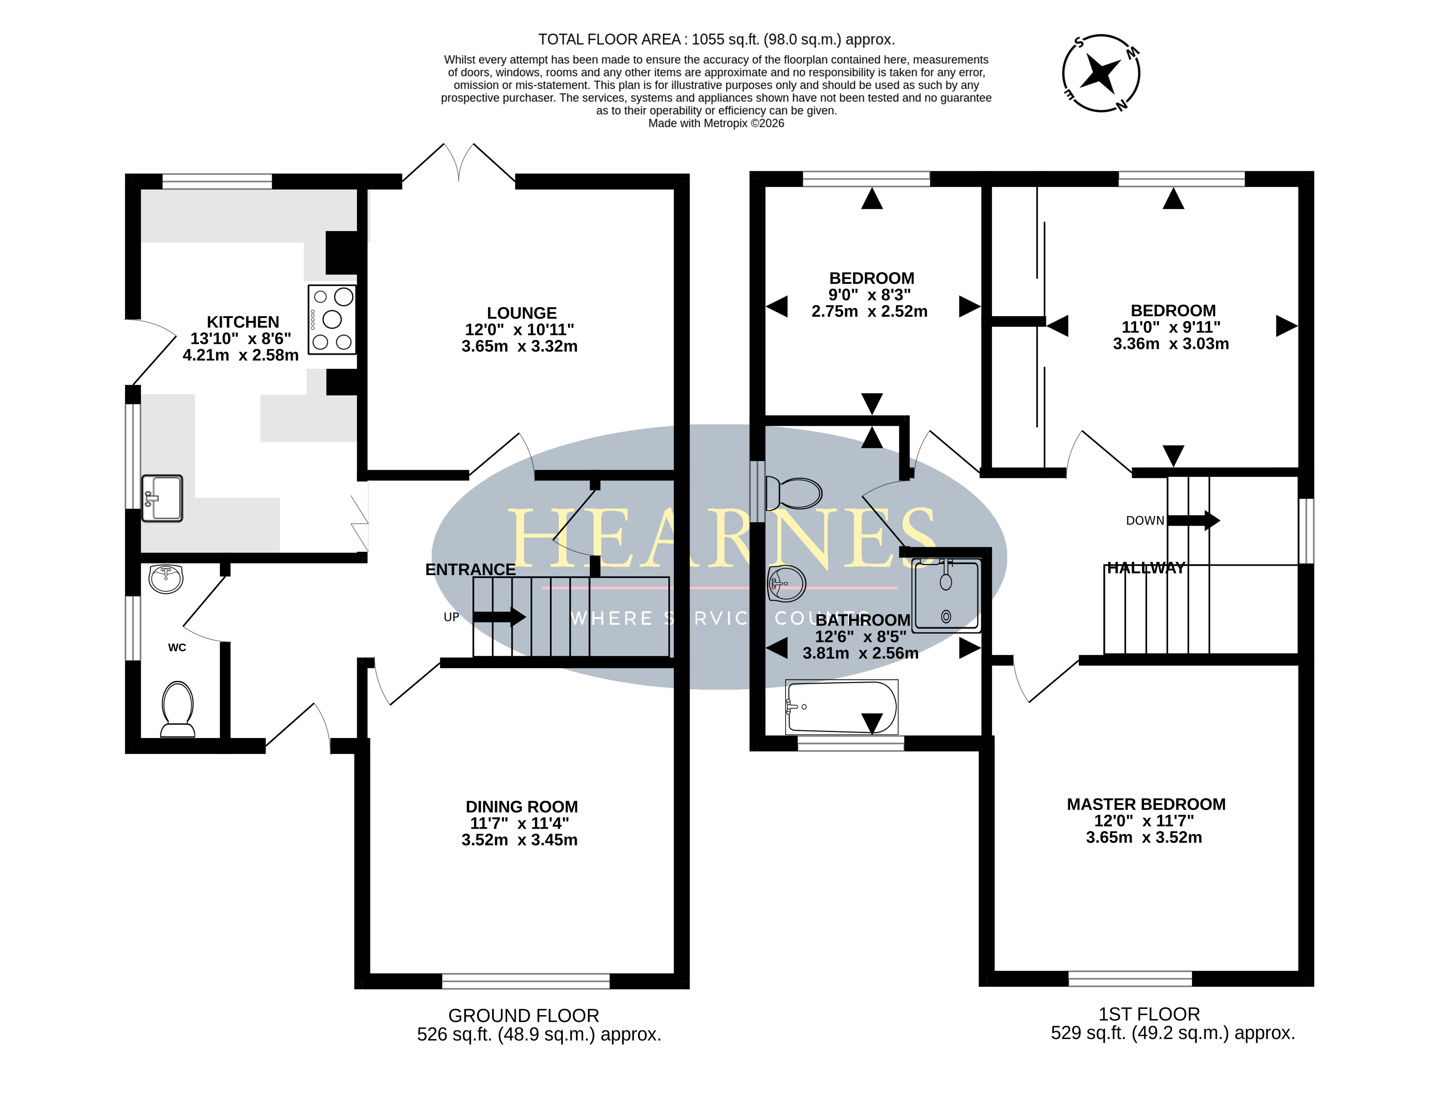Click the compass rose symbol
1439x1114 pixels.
point(1101,73)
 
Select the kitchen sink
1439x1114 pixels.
point(162,498)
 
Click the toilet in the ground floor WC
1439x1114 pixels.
point(177,710)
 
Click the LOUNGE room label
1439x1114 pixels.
point(522,313)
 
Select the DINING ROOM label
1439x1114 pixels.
point(522,806)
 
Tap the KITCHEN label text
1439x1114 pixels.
point(243,322)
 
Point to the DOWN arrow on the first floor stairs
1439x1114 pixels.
point(1193,520)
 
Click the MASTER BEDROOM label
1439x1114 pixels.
point(1146,804)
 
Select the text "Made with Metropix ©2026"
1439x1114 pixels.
point(716,123)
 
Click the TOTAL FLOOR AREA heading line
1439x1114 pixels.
point(716,40)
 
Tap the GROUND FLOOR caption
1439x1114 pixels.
point(524,1015)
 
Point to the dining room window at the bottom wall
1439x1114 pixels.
point(526,981)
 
